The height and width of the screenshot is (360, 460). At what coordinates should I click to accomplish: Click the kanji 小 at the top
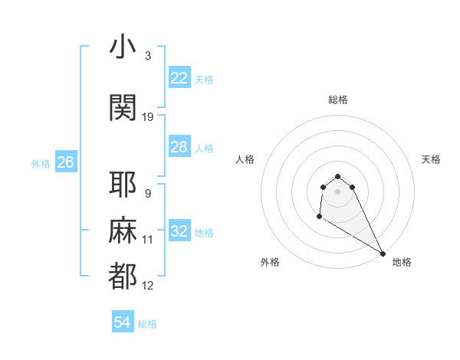123,48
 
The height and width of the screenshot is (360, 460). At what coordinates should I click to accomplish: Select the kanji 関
123,108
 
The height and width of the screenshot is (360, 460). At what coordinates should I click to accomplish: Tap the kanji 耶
123,185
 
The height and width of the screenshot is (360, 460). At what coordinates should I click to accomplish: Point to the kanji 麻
123,231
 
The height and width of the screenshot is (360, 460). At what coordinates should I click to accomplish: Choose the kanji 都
123,277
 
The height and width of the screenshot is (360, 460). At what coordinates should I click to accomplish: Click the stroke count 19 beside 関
148,117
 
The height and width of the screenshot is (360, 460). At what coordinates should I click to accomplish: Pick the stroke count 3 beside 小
147,56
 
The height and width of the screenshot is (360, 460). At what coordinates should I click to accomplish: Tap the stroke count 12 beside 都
148,286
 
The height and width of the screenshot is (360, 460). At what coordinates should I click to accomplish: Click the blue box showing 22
179,77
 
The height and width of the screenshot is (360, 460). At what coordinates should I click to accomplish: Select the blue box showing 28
179,146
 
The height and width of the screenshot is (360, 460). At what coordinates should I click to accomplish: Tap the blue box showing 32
179,231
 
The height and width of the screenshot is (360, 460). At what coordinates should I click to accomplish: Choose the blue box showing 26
66,162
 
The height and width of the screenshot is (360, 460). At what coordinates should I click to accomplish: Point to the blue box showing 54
123,322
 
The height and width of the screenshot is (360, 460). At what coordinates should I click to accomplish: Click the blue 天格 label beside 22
204,79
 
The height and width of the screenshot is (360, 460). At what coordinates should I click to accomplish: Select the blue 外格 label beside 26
41,163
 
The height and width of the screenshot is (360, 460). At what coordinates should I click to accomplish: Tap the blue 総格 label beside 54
147,324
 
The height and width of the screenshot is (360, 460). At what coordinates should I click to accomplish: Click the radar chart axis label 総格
337,100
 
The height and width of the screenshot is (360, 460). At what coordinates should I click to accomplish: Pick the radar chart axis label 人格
245,159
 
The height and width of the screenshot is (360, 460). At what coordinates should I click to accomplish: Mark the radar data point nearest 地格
383,253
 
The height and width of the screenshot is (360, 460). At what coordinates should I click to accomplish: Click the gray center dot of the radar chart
337,191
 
